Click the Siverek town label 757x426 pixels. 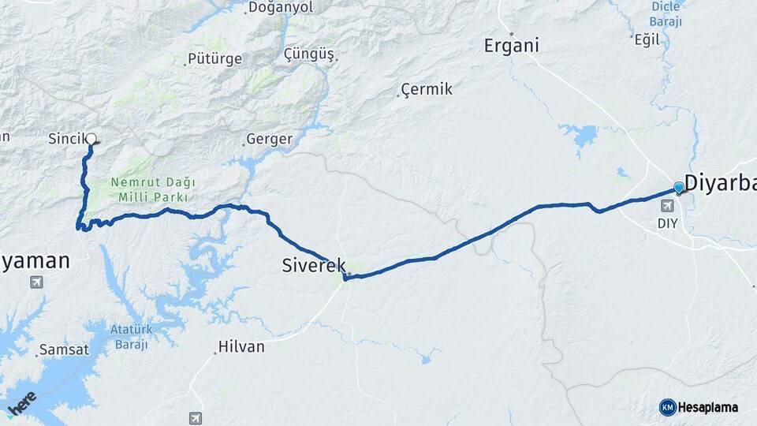click(x=314, y=266)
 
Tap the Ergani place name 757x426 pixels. click(x=512, y=46)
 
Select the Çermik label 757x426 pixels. click(x=427, y=89)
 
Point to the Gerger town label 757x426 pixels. click(x=269, y=140)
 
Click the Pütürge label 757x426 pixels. click(x=214, y=59)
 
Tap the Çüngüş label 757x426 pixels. click(x=308, y=54)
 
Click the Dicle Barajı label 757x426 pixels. click(x=666, y=13)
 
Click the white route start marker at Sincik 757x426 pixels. click(x=91, y=139)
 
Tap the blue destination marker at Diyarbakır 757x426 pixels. click(x=679, y=188)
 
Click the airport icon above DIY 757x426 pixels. click(x=668, y=206)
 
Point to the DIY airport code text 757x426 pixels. click(x=667, y=223)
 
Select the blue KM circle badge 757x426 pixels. click(x=667, y=408)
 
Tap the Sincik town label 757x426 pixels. click(x=66, y=140)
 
